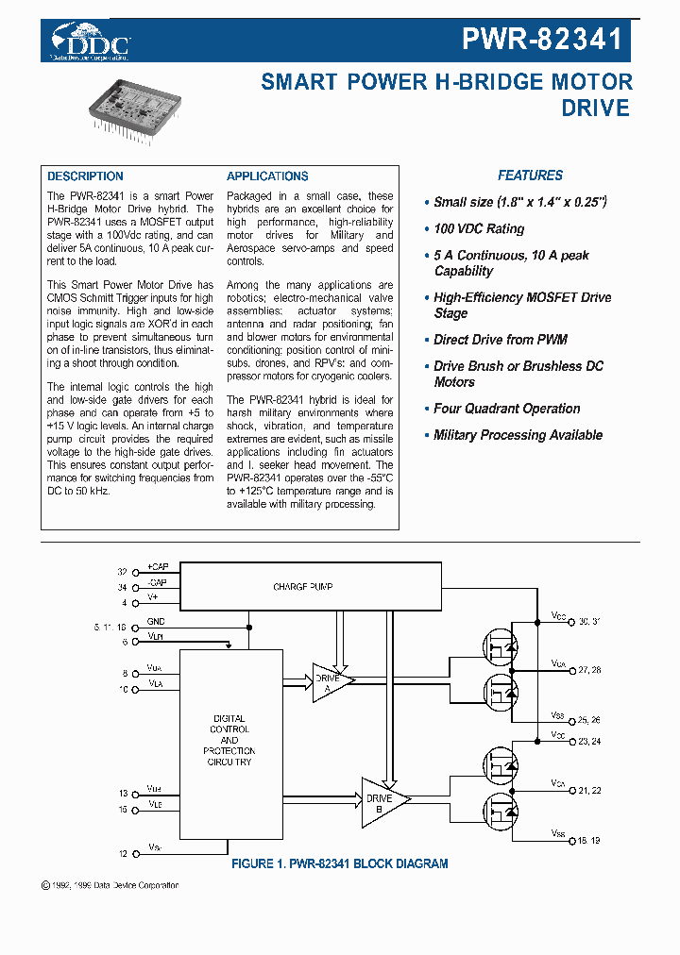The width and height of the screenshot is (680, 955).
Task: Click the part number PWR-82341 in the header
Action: [542, 39]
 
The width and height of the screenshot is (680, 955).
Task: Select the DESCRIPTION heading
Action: [85, 176]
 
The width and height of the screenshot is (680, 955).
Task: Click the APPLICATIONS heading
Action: [267, 176]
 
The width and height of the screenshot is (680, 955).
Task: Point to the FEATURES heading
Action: [530, 176]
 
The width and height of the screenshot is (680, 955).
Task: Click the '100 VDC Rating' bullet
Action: [478, 229]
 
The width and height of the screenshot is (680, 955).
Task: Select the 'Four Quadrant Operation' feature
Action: [506, 409]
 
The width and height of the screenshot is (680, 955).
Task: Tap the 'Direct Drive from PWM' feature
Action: [500, 340]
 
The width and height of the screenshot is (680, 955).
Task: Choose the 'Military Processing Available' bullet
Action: [518, 435]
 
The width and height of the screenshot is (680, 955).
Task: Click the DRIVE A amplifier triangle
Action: [331, 678]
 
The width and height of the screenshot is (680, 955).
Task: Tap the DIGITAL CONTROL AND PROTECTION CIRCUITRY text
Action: [229, 740]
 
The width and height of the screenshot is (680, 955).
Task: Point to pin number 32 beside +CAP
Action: [122, 572]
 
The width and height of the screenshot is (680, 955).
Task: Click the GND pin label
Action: [156, 623]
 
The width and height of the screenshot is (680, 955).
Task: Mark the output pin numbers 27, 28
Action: [589, 669]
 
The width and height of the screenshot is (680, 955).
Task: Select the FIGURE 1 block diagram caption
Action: [340, 863]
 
